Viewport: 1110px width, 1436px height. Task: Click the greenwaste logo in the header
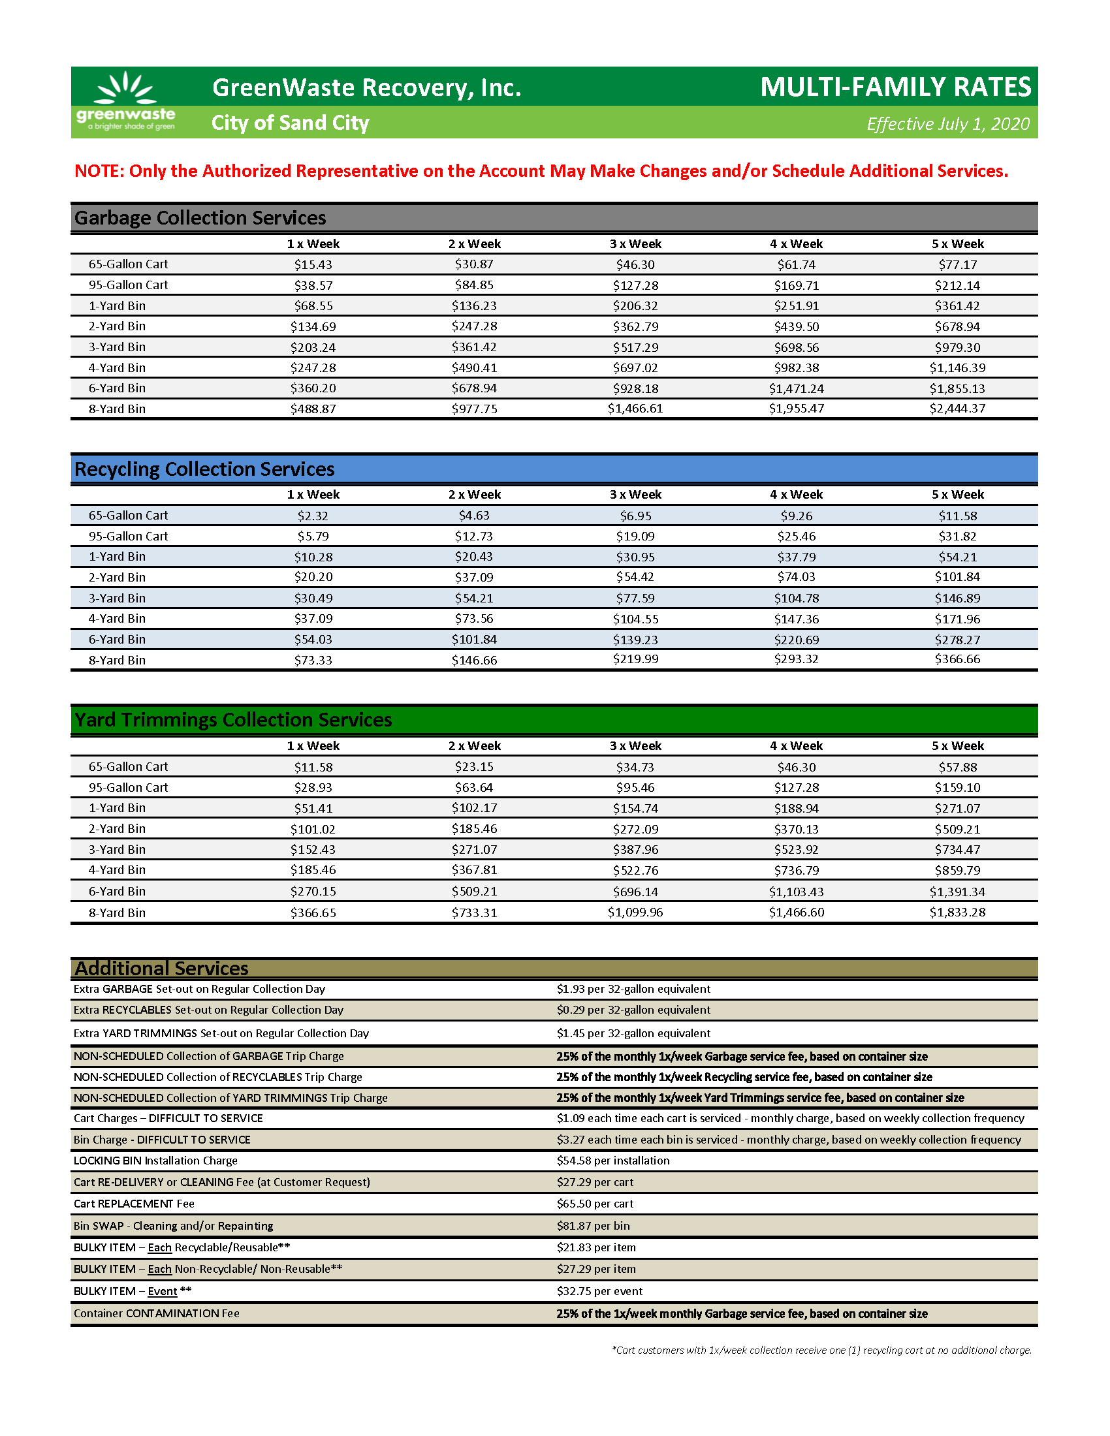point(125,102)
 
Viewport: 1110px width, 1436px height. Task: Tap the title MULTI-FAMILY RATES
point(895,87)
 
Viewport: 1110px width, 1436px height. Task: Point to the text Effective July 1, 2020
point(947,123)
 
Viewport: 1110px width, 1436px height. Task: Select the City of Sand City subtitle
point(290,123)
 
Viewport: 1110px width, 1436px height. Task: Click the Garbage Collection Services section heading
point(200,217)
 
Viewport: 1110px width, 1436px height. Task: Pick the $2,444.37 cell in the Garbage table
point(957,409)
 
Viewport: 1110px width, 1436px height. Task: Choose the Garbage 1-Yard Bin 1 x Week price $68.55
point(313,305)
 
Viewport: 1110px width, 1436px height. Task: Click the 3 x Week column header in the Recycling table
point(635,495)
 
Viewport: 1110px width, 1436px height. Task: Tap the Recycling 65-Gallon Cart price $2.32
point(313,516)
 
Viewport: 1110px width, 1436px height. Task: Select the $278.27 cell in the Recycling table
point(957,639)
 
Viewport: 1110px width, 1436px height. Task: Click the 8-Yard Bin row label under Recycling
point(117,660)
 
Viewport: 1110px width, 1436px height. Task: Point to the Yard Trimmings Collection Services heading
point(233,720)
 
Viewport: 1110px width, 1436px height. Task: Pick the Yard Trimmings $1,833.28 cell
point(957,912)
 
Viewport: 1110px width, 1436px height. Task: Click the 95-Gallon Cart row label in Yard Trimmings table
point(128,787)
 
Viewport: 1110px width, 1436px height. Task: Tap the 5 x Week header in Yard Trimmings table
point(957,745)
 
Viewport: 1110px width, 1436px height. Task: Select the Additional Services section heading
point(161,969)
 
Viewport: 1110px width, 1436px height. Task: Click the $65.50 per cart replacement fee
point(595,1203)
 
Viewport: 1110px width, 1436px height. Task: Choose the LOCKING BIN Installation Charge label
point(155,1161)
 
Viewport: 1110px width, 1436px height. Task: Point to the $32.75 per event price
point(599,1290)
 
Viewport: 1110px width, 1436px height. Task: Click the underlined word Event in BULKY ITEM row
point(163,1291)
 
